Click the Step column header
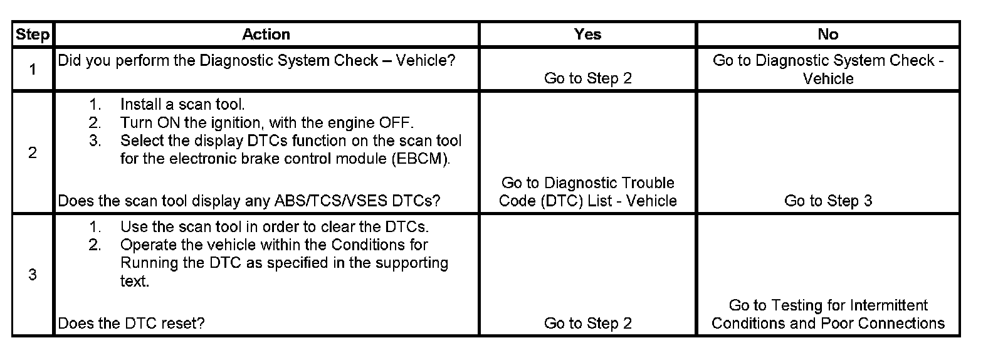click(x=33, y=34)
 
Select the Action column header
click(x=266, y=34)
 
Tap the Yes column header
click(x=587, y=34)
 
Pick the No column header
click(x=828, y=34)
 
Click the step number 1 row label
click(x=33, y=69)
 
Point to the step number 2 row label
click(x=33, y=152)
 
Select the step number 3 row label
click(x=33, y=275)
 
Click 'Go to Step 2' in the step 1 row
click(x=587, y=78)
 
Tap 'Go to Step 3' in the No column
click(x=828, y=201)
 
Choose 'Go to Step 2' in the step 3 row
click(x=587, y=323)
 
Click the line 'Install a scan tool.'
click(x=182, y=104)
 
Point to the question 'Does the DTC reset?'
click(x=131, y=323)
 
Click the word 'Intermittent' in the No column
click(x=890, y=305)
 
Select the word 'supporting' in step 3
click(x=412, y=263)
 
